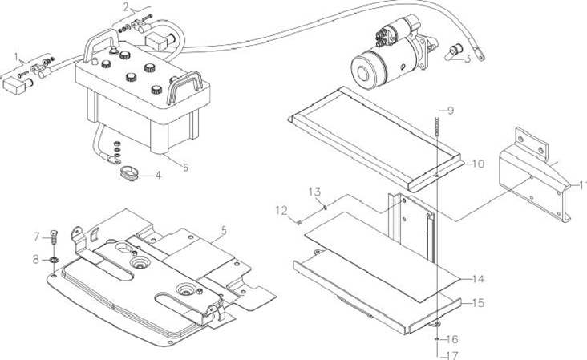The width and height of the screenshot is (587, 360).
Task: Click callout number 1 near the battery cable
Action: (x=16, y=57)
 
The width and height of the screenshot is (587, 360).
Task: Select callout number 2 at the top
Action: (x=126, y=7)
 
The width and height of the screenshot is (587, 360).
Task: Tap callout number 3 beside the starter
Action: (x=467, y=59)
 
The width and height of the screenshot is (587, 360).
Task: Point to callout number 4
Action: (x=158, y=175)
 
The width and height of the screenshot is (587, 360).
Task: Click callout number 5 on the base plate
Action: (x=224, y=231)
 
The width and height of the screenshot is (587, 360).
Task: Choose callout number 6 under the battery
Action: (x=185, y=168)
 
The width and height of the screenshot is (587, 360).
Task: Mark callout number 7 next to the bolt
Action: (x=36, y=237)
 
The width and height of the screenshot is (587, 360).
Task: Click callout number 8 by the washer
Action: (x=36, y=259)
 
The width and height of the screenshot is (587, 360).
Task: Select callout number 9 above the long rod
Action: (x=451, y=111)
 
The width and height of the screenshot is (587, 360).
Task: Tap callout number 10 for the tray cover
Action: (x=478, y=164)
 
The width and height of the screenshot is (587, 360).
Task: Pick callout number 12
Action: (x=281, y=210)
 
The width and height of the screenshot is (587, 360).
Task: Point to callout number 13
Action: (x=315, y=192)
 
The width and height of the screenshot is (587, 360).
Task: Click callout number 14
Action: (x=478, y=279)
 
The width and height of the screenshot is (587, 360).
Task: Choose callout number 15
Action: (x=478, y=302)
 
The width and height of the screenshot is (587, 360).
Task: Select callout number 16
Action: (x=452, y=339)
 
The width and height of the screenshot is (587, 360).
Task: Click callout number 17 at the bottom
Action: (x=452, y=354)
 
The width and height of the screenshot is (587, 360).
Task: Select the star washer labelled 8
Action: (x=55, y=259)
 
